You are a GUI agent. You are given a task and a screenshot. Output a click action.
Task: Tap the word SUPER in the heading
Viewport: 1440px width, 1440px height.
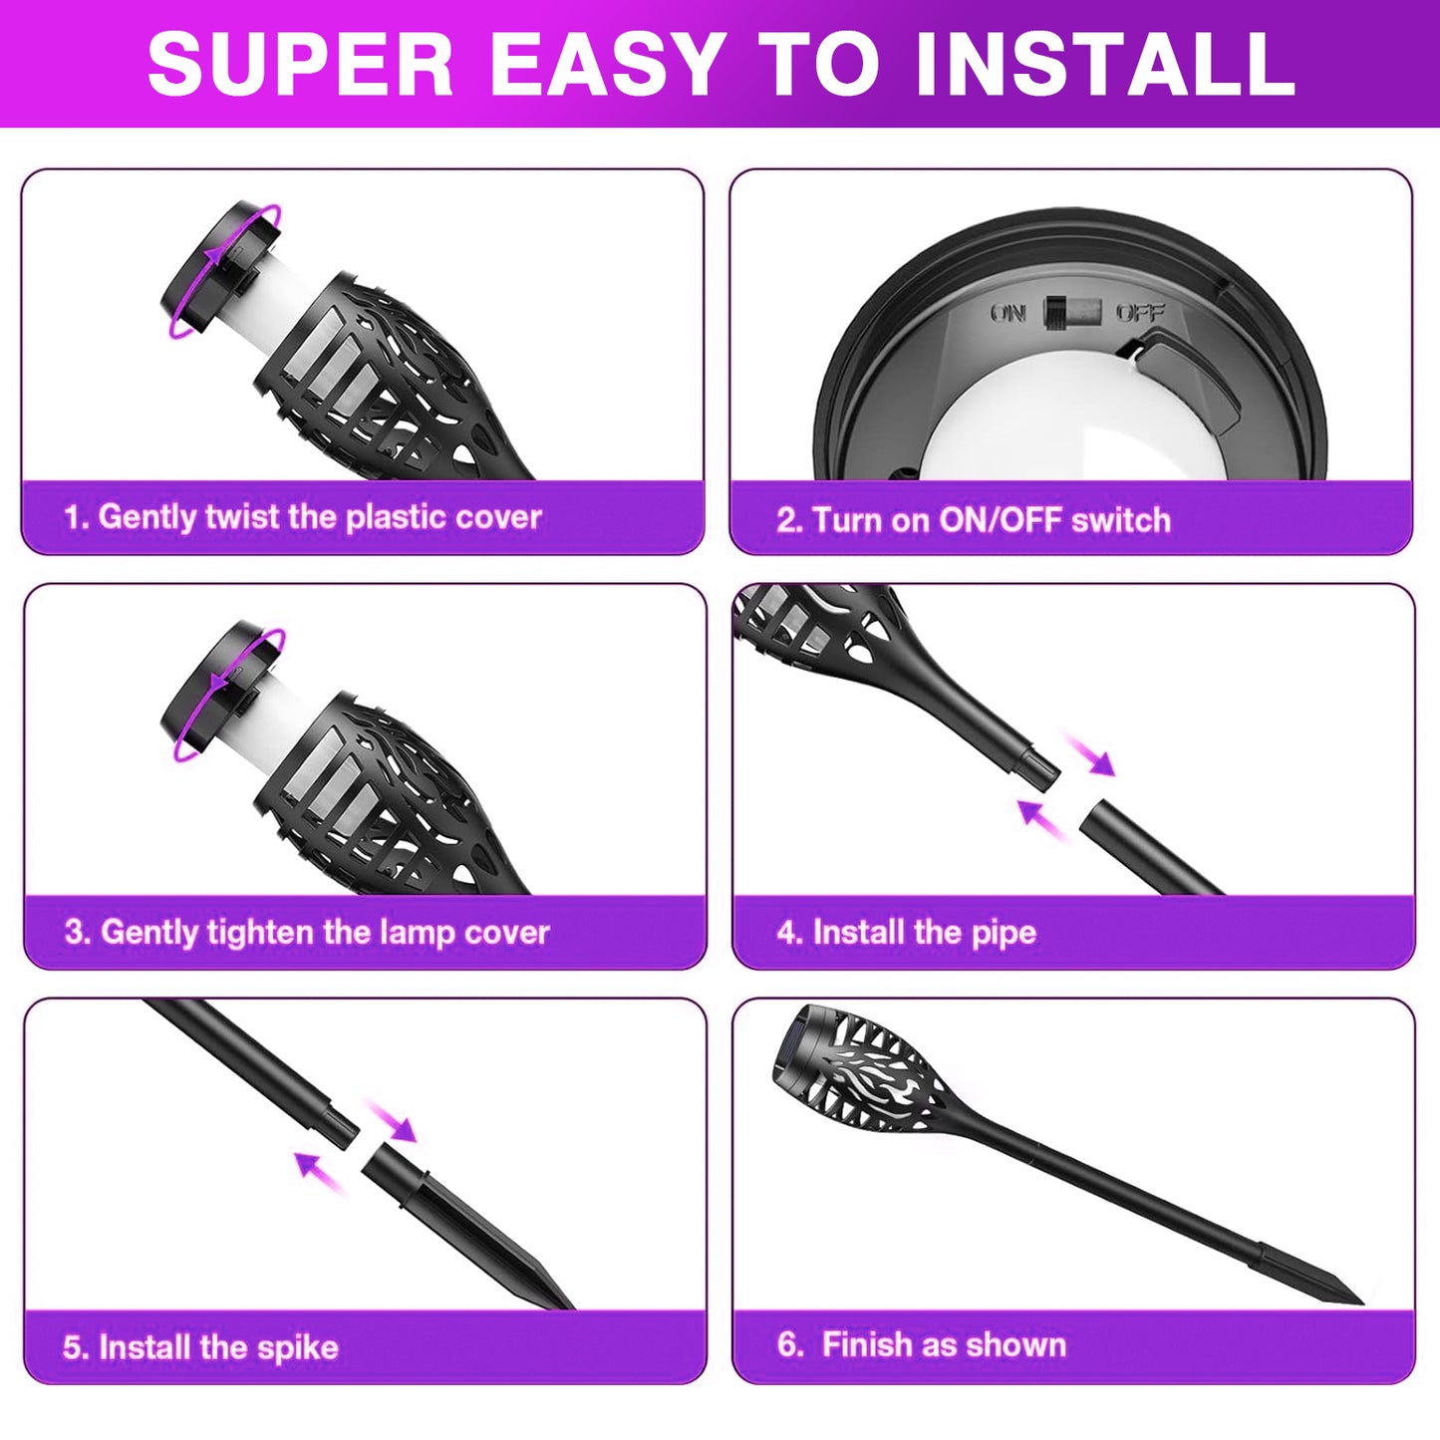300,64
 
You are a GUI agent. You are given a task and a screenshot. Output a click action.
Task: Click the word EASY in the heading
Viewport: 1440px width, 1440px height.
607,64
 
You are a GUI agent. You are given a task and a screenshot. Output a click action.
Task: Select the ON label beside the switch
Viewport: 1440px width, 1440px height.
1008,313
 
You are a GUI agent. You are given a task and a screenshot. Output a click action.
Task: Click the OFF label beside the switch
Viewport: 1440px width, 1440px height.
1140,312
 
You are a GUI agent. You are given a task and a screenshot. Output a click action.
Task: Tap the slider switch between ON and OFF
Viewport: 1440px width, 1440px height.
1073,312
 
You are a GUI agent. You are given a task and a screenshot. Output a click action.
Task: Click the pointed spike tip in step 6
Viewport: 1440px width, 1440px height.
1361,1301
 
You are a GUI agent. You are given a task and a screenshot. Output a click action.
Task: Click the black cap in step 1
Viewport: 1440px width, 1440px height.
220,270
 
